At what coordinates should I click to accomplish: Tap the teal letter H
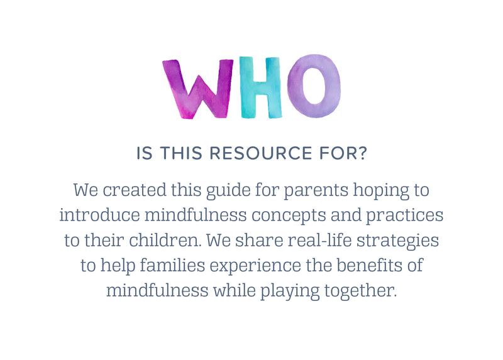click(260, 87)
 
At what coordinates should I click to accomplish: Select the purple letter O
click(314, 86)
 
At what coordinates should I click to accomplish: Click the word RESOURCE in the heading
click(260, 153)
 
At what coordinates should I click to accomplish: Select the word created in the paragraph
click(135, 190)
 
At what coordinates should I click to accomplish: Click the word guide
click(228, 192)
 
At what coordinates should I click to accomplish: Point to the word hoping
click(381, 192)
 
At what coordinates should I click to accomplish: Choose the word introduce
click(100, 215)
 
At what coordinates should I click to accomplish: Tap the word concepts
click(289, 217)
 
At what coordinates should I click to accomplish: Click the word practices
click(405, 216)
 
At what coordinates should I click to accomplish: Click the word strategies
click(398, 242)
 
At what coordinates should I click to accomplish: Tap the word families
click(172, 265)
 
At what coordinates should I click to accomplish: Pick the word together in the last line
click(360, 292)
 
